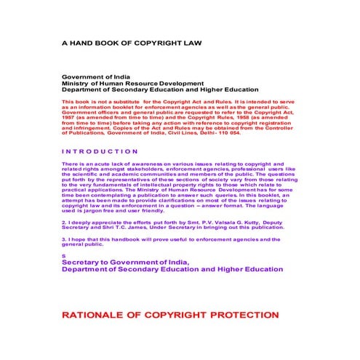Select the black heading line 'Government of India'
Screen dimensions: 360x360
point(95,76)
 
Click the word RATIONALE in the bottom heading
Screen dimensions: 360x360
point(97,316)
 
